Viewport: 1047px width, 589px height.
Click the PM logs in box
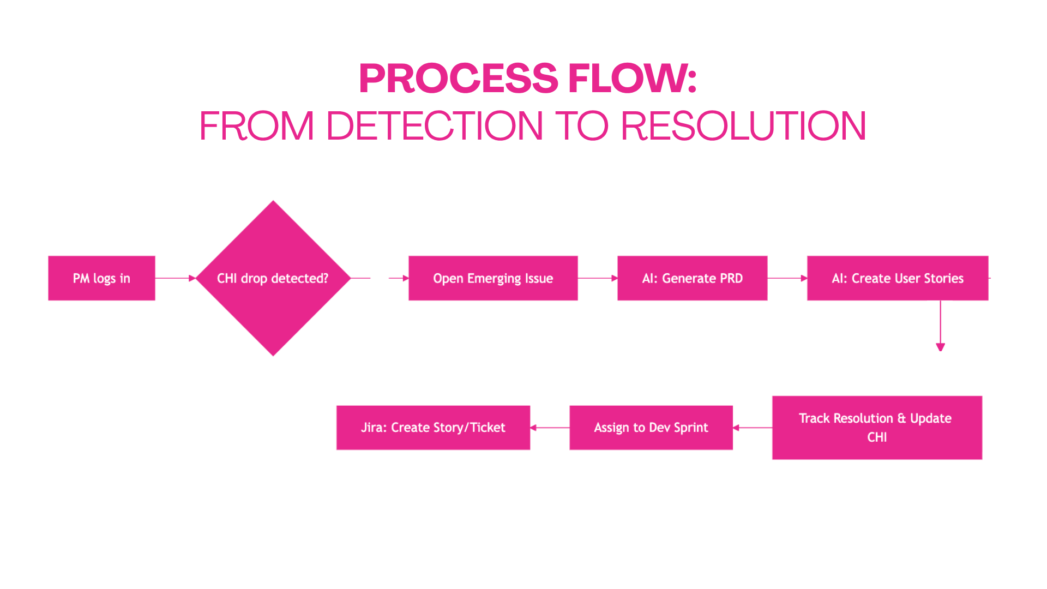(x=101, y=278)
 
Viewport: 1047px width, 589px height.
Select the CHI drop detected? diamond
(x=273, y=278)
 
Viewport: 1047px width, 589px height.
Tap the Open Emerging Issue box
(x=493, y=278)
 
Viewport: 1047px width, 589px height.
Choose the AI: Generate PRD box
(x=692, y=278)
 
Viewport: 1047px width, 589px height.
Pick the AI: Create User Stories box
(x=898, y=278)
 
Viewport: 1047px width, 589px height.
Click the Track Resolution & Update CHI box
(x=877, y=428)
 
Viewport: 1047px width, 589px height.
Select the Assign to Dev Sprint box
(x=651, y=428)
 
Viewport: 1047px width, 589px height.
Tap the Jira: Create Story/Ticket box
(x=433, y=428)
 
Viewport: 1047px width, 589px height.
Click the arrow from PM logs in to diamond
(x=175, y=278)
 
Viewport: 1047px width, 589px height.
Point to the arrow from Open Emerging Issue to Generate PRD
(x=598, y=278)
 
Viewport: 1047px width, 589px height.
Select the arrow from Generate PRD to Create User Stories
(x=787, y=278)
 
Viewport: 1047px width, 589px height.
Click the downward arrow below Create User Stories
(x=940, y=326)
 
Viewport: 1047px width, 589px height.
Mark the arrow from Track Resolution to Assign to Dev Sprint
(x=753, y=428)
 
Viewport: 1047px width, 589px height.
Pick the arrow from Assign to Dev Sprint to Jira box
(x=550, y=428)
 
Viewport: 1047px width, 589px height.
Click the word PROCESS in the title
(x=459, y=78)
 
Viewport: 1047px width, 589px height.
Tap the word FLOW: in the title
(x=633, y=78)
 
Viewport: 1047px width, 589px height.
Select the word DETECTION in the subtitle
(x=435, y=126)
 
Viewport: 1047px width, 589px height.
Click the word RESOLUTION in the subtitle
(x=743, y=126)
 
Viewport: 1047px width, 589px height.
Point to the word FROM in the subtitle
(x=257, y=126)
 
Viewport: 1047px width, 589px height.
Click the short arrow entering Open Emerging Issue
(x=399, y=278)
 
